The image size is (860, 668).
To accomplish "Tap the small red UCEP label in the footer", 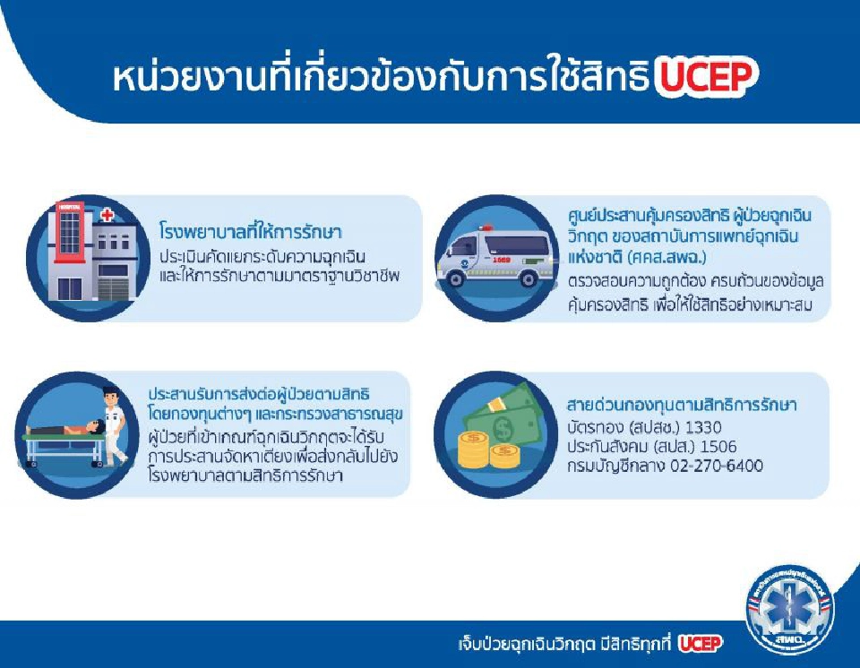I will [699, 643].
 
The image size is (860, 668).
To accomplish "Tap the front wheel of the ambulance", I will [529, 278].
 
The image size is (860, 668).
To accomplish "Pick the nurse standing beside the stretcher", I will [112, 425].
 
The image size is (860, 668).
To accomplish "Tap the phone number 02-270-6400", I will [720, 466].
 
